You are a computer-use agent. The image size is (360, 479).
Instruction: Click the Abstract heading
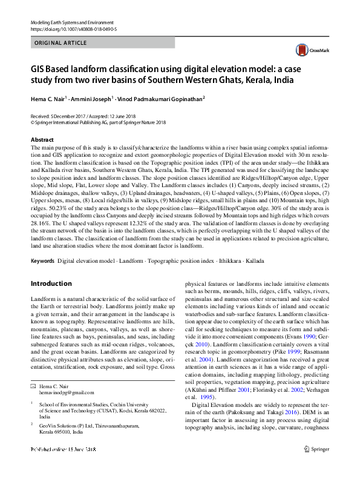coord(42,140)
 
